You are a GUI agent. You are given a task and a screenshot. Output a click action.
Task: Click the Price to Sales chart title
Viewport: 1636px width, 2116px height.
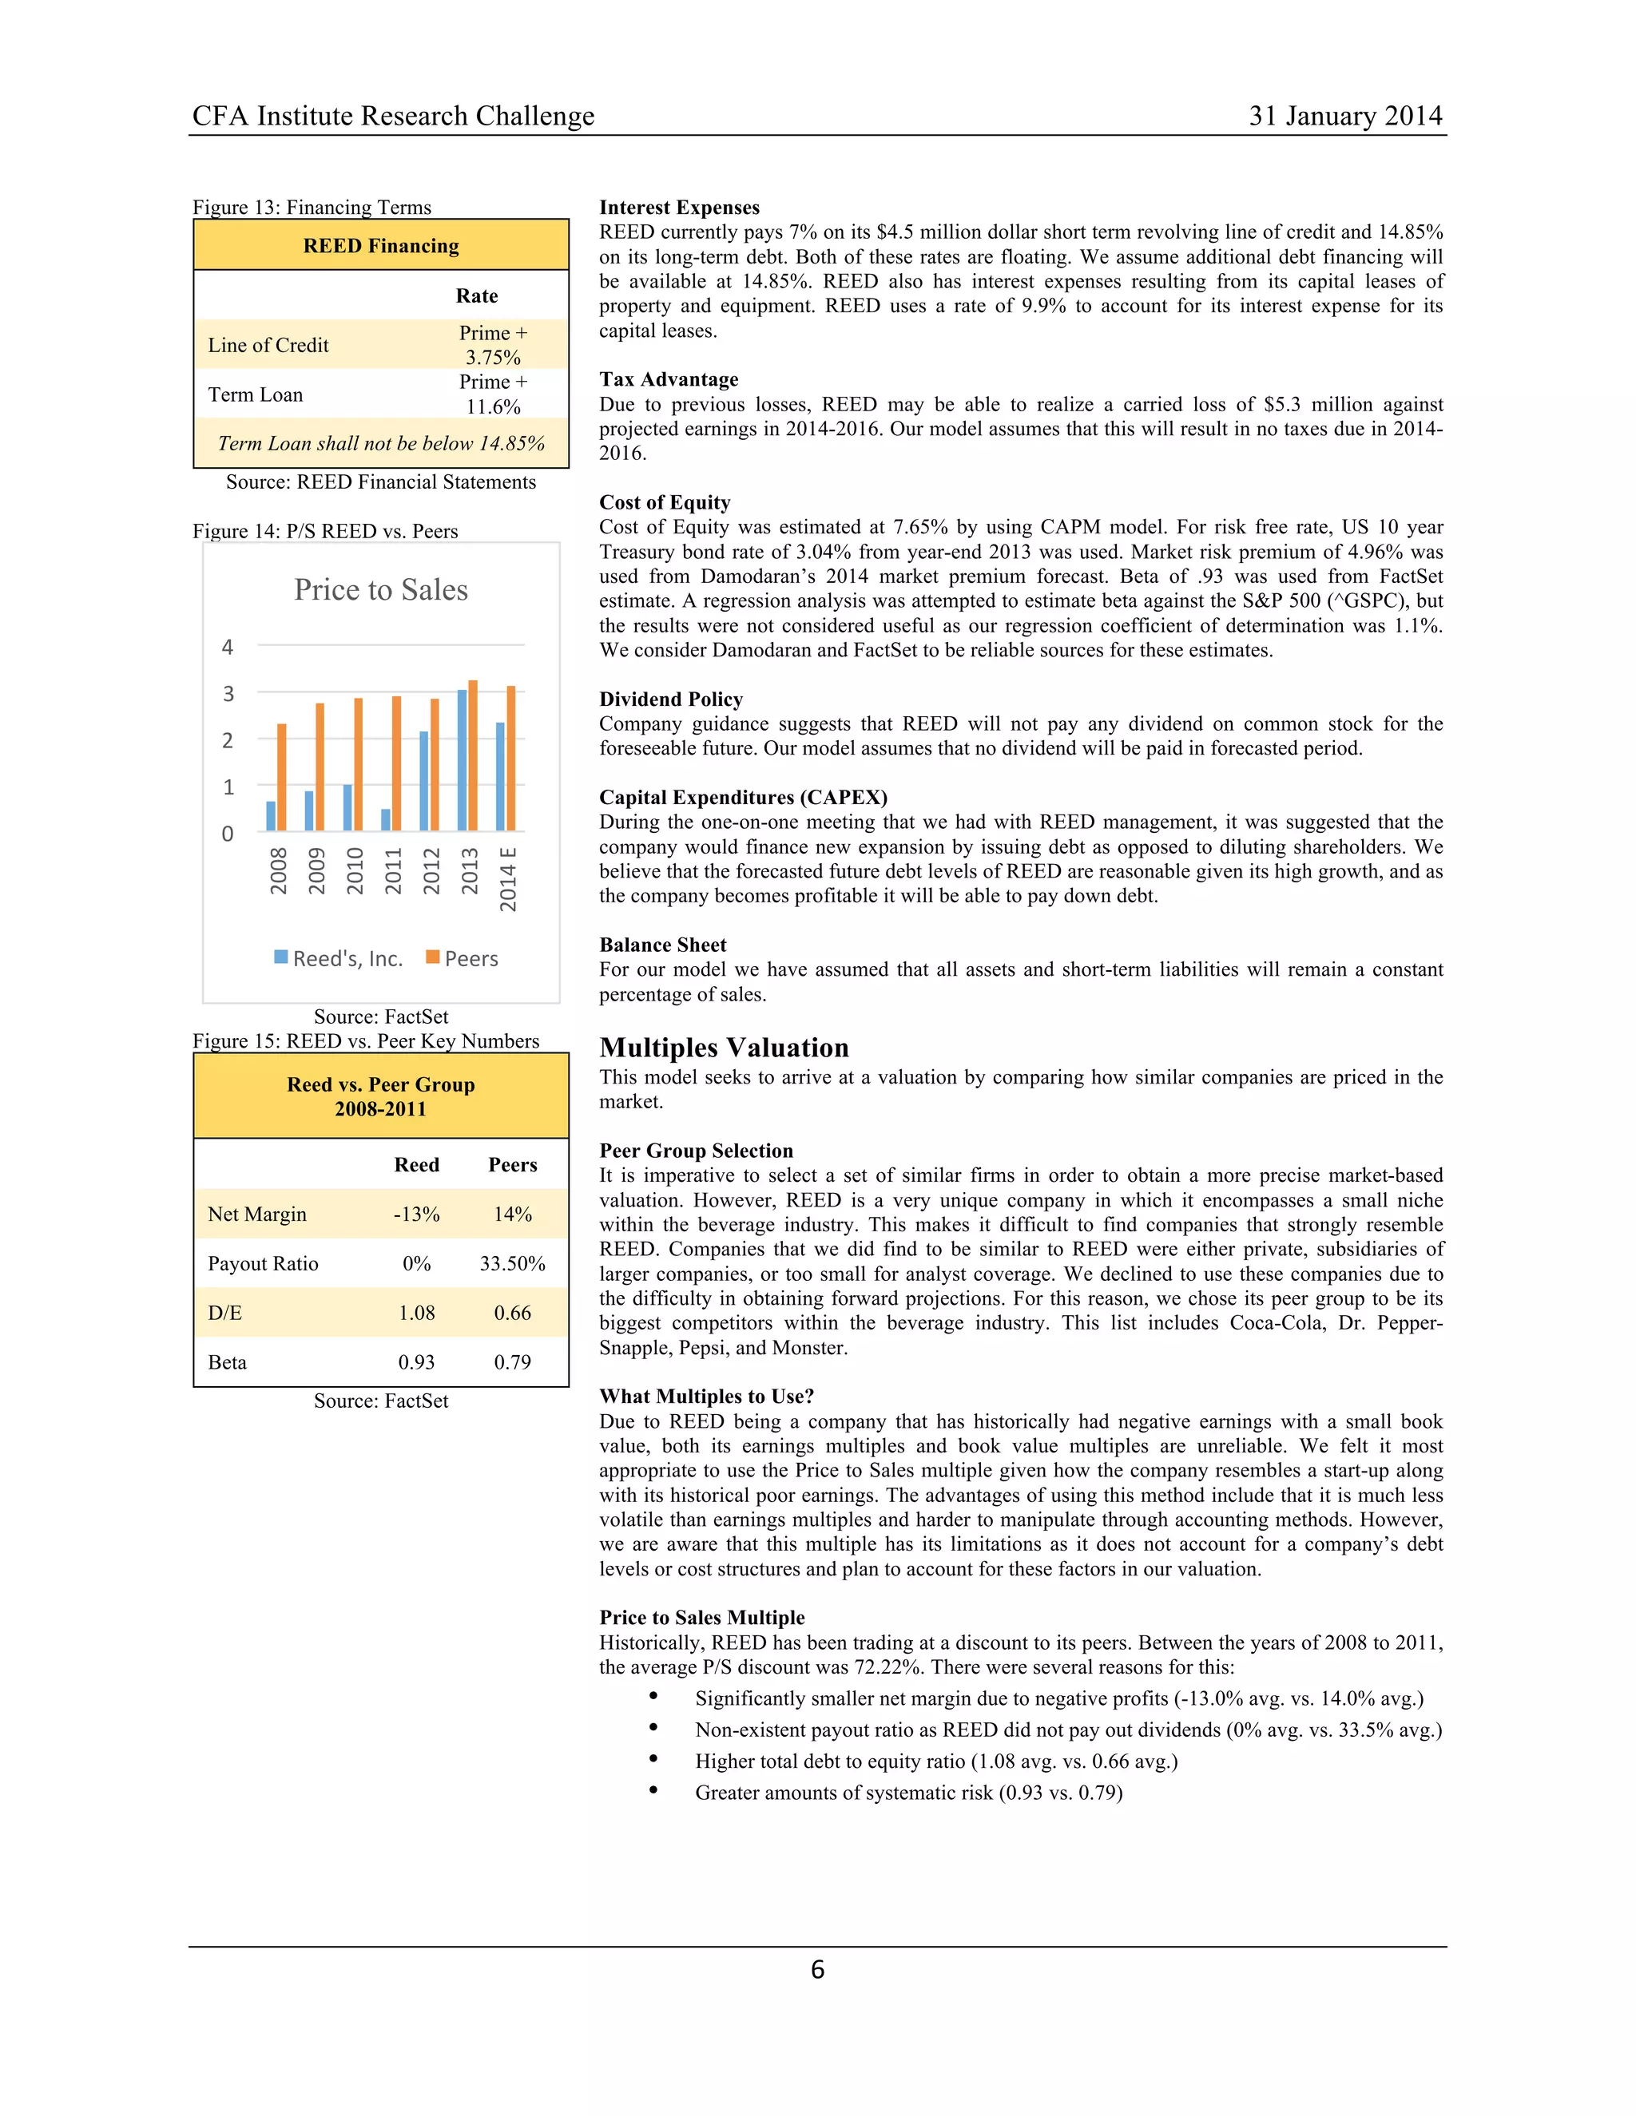[x=381, y=589]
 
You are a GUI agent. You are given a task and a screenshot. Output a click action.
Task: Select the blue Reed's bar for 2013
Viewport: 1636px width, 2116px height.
[x=463, y=759]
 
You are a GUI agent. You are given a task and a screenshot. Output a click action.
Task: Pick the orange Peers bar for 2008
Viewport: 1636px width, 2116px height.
[x=282, y=777]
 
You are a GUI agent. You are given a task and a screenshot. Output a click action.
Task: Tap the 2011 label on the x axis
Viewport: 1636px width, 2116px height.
[x=392, y=870]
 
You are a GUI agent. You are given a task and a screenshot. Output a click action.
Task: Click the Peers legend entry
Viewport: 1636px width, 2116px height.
[x=463, y=958]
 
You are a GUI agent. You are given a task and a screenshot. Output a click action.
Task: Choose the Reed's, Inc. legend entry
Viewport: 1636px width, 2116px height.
[x=338, y=958]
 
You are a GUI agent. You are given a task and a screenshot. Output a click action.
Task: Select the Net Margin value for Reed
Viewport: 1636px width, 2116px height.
[x=417, y=1214]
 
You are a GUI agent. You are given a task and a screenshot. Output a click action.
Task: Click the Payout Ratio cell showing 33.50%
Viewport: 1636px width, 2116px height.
[x=512, y=1263]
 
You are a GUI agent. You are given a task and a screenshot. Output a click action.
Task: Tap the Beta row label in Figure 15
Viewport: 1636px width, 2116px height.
[x=228, y=1362]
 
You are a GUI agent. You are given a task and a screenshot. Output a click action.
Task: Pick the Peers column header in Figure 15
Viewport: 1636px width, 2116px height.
[x=512, y=1164]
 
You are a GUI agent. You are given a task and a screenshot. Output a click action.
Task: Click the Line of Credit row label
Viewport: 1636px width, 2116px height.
[x=268, y=345]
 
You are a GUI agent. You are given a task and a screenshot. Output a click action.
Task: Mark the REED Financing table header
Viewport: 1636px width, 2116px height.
[x=381, y=245]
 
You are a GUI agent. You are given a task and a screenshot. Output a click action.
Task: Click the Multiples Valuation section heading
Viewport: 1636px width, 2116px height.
[x=724, y=1048]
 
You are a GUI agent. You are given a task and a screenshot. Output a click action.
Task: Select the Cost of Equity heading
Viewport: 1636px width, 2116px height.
[x=665, y=502]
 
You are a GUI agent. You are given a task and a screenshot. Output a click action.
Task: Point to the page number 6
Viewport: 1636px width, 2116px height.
[x=817, y=1970]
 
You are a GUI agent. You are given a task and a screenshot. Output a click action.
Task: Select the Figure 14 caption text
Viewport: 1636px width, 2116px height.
[x=326, y=531]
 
